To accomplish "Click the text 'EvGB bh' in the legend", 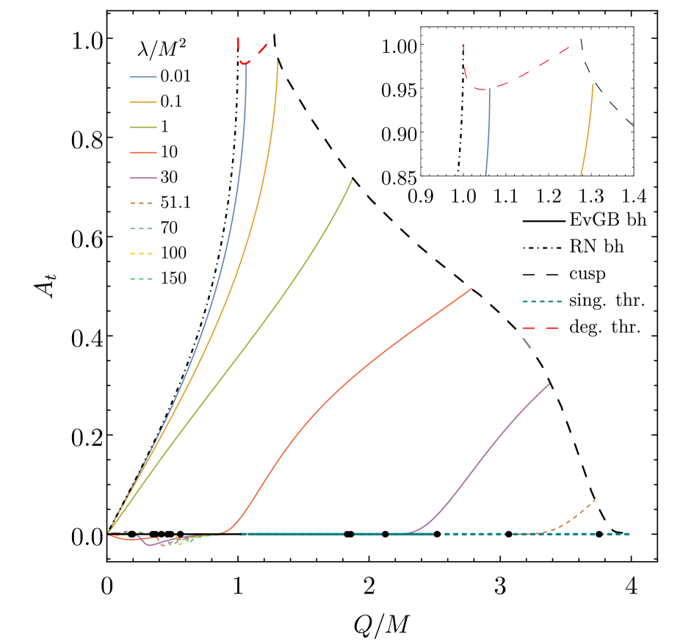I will tap(607, 220).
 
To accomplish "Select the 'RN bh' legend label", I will tap(596, 247).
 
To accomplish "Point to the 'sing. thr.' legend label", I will tap(607, 301).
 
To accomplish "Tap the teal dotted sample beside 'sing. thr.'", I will tap(543, 301).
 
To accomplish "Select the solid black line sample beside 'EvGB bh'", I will tap(543, 220).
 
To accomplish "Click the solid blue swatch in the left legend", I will tap(143, 76).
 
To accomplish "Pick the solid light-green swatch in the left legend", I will tap(143, 127).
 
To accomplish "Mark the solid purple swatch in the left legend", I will tap(143, 178).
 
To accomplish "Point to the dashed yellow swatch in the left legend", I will tap(141, 253).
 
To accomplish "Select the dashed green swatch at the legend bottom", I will tap(141, 278).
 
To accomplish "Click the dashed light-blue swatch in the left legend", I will tap(141, 228).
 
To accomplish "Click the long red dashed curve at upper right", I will tap(529, 70).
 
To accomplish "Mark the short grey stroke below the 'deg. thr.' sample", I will tap(526, 342).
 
